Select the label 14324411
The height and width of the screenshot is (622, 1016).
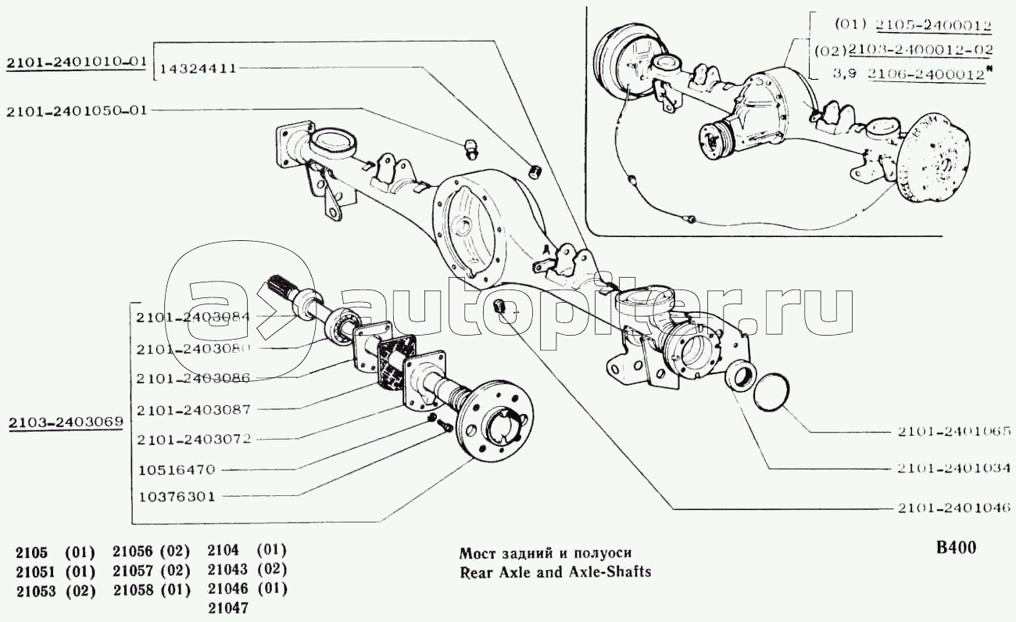coord(199,69)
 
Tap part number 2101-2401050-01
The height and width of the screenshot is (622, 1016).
coord(77,111)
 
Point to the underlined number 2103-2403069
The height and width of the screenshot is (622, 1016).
coord(66,422)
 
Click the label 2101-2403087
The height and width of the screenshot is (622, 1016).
coord(194,409)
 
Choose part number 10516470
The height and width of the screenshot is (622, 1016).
coord(177,469)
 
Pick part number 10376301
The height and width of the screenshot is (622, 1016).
coord(177,497)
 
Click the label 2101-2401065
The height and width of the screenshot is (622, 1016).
coord(953,431)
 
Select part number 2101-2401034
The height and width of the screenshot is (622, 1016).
coord(953,468)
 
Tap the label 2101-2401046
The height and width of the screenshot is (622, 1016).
coord(953,508)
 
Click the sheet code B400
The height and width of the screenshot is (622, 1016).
coord(956,548)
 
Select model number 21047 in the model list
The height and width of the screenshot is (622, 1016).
coord(228,607)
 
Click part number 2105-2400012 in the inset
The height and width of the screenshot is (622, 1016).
coord(933,25)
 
